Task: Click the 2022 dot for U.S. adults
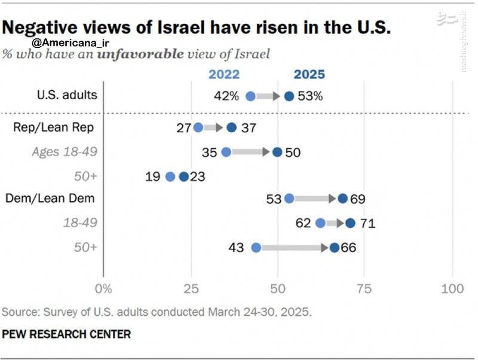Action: coord(250,96)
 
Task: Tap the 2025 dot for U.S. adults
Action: coord(289,96)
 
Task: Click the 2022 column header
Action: coord(223,74)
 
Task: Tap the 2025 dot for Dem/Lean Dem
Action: coord(342,199)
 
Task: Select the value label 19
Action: coord(152,176)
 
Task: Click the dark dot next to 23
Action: coord(183,176)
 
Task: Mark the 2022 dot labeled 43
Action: coord(256,248)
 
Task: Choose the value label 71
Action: coord(367,224)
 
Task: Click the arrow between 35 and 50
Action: coord(252,152)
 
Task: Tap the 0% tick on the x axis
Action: coord(104,289)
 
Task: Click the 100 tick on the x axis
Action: coord(452,289)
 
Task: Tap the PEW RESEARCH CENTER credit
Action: coord(66,334)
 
